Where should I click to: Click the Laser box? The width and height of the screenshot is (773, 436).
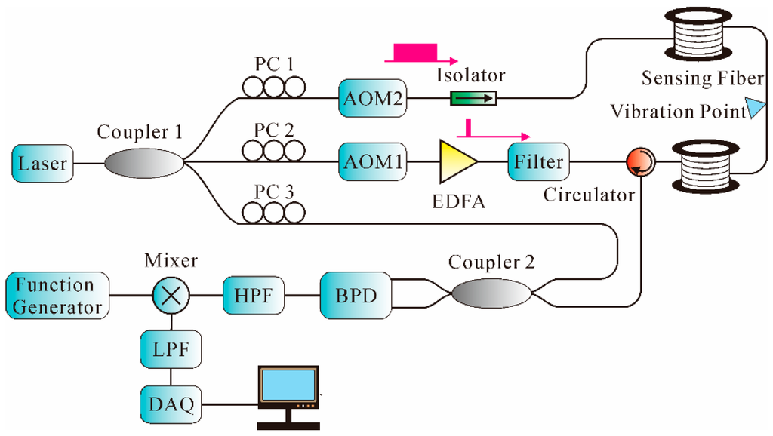pyautogui.click(x=44, y=162)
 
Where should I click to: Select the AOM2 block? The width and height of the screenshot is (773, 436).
pyautogui.click(x=370, y=98)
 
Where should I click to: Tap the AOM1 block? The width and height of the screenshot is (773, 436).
pyautogui.click(x=370, y=162)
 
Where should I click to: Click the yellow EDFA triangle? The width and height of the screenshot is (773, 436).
pyautogui.click(x=455, y=162)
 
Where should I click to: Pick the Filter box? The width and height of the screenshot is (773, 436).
pyautogui.click(x=538, y=162)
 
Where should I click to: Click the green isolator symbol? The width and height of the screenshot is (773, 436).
pyautogui.click(x=473, y=98)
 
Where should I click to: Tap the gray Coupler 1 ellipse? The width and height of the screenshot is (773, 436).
pyautogui.click(x=143, y=162)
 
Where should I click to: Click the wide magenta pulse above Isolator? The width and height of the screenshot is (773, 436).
pyautogui.click(x=415, y=53)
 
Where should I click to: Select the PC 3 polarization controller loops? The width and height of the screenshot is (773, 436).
pyautogui.click(x=274, y=213)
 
